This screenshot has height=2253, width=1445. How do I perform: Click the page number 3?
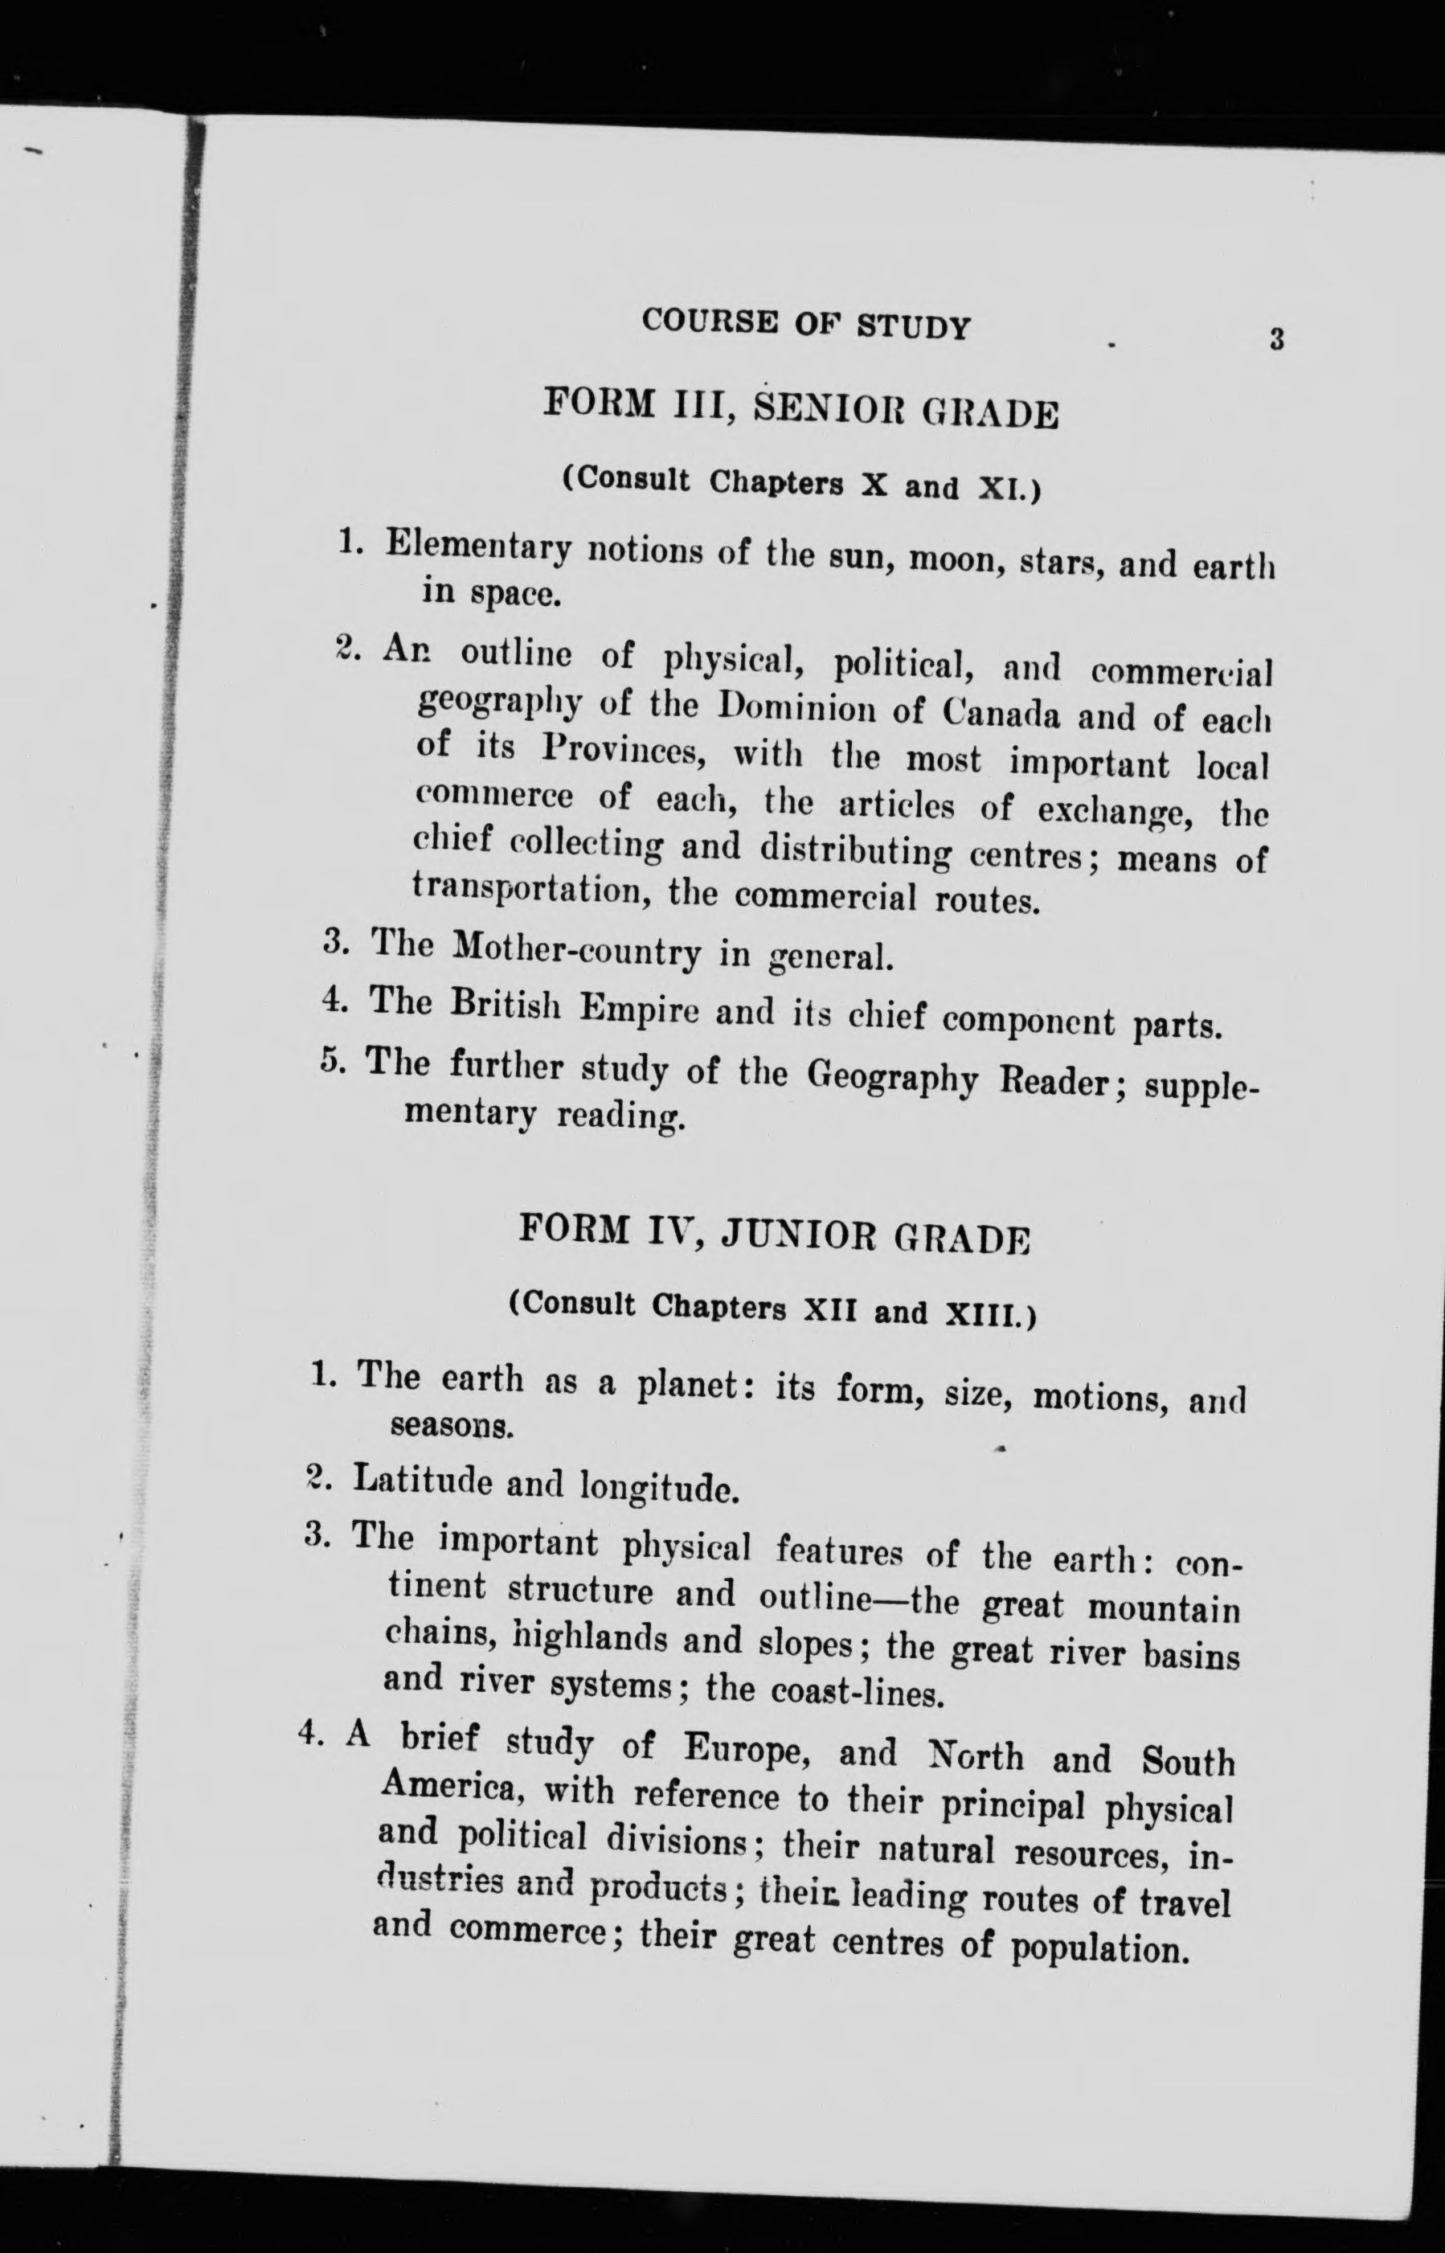[x=1275, y=338]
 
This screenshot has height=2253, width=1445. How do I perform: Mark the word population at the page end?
[x=1099, y=1949]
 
